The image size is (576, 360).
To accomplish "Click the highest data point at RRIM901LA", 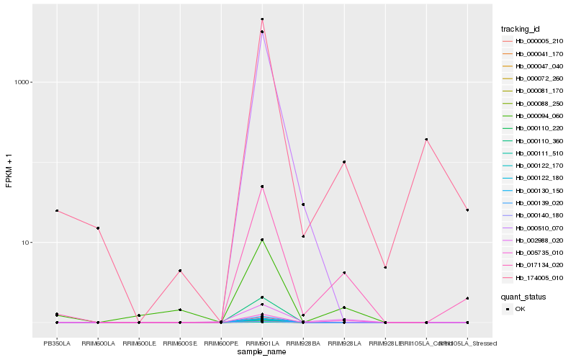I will [x=262, y=19].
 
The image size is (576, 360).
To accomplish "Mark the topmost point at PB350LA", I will [x=57, y=211].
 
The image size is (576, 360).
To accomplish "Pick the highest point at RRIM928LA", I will [x=344, y=162].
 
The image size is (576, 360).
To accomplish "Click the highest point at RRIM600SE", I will [x=180, y=271].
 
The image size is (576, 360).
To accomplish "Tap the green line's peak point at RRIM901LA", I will [x=262, y=240].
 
